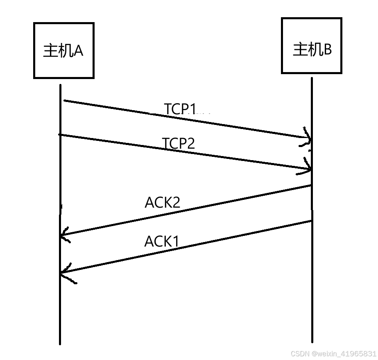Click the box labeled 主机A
point(63,50)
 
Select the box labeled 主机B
point(311,45)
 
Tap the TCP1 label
point(181,109)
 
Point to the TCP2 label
point(179,144)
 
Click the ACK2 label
point(163,202)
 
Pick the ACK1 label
point(162,242)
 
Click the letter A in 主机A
point(78,51)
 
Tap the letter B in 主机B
point(328,50)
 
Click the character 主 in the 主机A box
point(50,51)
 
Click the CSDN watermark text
point(333,353)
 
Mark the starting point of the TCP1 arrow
point(64,100)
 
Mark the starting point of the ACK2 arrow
point(311,186)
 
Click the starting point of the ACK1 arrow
point(311,222)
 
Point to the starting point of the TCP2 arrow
point(60,134)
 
